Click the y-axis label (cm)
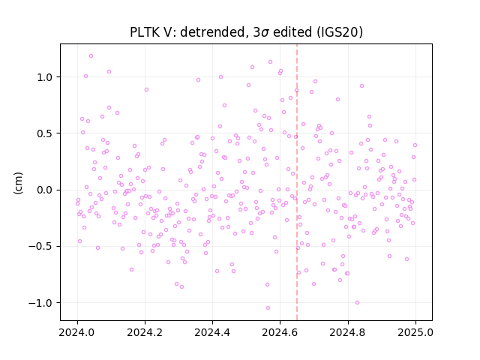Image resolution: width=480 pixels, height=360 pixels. [18, 183]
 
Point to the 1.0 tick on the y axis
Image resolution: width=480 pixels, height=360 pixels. [45, 77]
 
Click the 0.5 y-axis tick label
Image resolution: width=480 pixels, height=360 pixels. [45, 133]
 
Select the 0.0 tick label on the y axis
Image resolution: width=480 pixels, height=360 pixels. [45, 190]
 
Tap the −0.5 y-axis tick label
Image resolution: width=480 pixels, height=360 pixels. [40, 247]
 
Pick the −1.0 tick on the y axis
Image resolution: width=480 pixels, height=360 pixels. [40, 303]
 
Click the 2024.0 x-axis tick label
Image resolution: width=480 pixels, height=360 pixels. [77, 332]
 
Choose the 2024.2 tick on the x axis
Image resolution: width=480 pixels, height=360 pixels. [145, 332]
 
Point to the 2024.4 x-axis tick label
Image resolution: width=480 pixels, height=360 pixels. [212, 332]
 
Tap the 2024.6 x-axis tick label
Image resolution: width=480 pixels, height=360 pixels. [280, 332]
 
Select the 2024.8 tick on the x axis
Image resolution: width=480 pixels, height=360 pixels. [348, 332]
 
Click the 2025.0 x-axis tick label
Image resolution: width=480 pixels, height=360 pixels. [415, 332]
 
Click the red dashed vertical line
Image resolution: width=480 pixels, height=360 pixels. [297, 182]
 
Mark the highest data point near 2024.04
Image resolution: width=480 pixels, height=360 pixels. [91, 56]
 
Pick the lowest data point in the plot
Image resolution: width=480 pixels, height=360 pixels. [268, 308]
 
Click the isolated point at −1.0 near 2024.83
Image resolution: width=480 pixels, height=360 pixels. [357, 303]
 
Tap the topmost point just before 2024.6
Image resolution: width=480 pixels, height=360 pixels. [270, 61]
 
